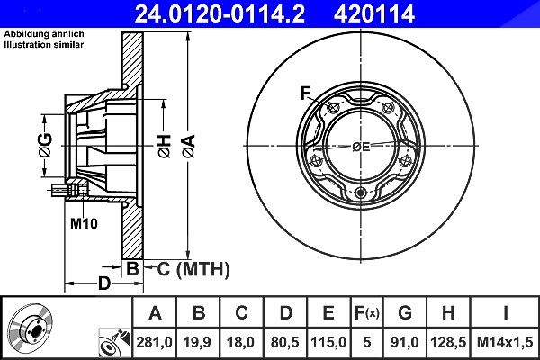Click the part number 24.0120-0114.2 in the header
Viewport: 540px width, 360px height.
(x=220, y=13)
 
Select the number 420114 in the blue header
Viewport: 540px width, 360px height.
(x=374, y=13)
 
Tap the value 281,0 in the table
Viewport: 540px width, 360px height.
(x=154, y=342)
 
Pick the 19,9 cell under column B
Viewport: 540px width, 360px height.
(x=198, y=342)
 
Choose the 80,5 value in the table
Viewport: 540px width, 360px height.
(x=285, y=342)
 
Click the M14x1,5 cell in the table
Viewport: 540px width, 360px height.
(x=505, y=342)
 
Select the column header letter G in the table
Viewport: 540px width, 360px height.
(x=405, y=313)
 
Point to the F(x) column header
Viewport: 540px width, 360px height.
(x=366, y=313)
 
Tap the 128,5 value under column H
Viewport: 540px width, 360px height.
(x=448, y=342)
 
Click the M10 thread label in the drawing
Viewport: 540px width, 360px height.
(x=84, y=223)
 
